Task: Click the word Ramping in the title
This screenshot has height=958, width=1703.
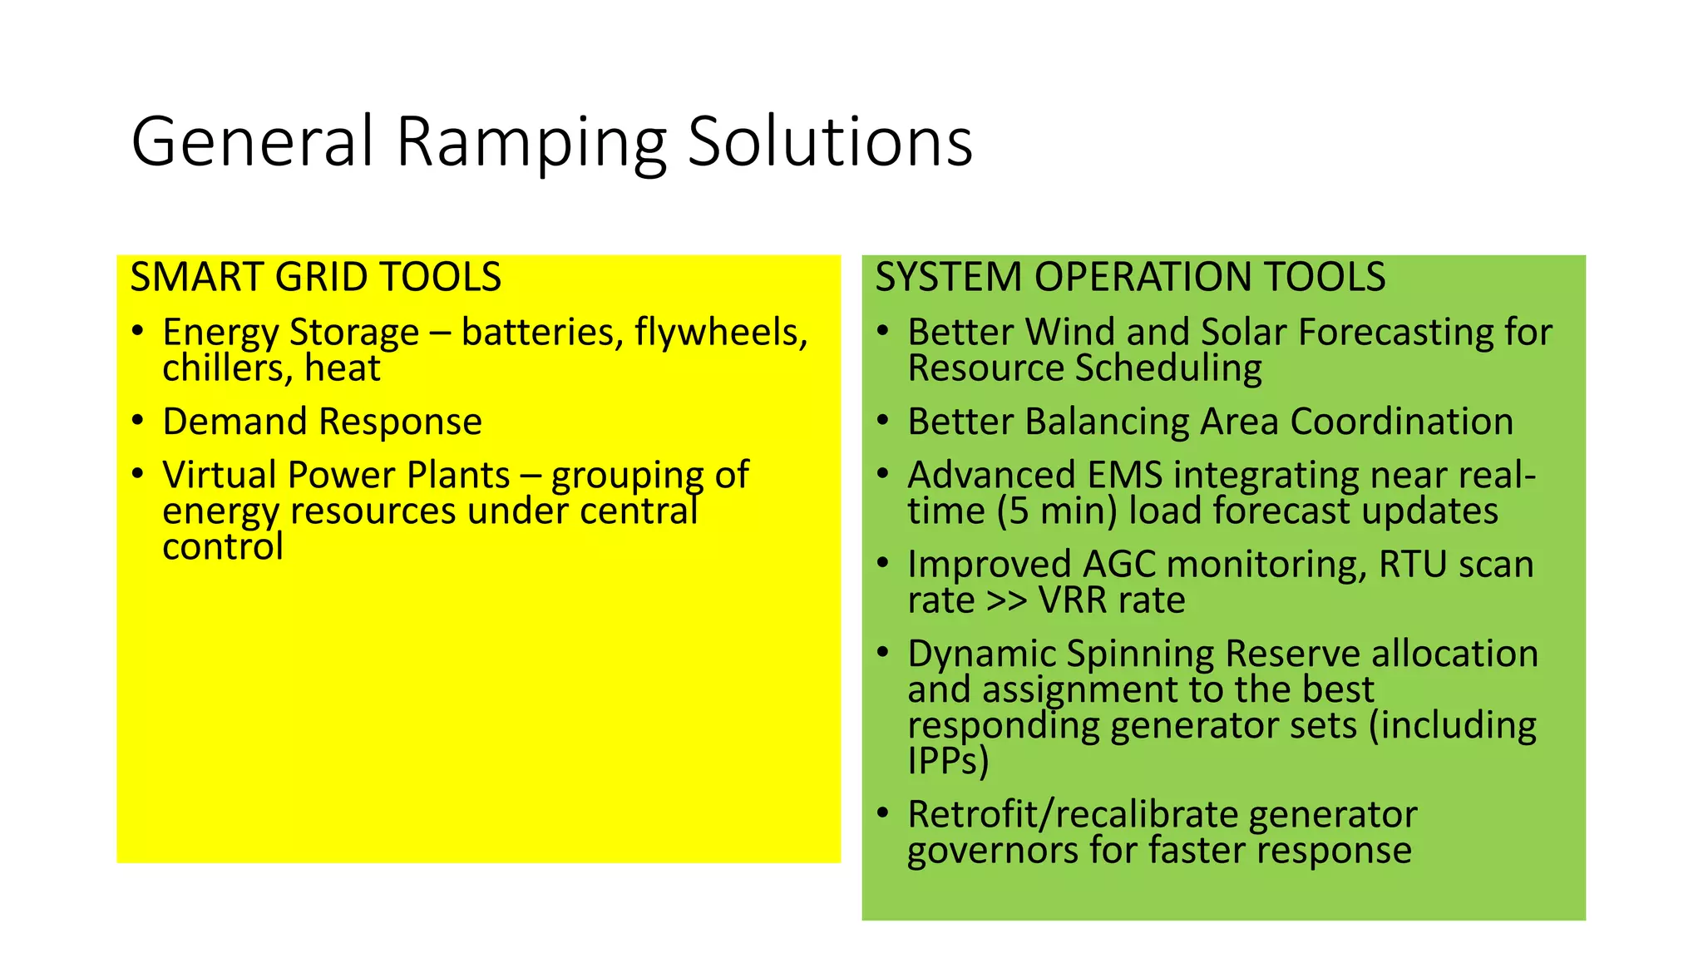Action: tap(531, 143)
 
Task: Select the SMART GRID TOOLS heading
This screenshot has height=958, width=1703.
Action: tap(315, 277)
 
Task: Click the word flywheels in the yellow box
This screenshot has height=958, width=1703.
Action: tap(720, 333)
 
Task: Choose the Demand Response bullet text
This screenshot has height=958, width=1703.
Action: tap(322, 422)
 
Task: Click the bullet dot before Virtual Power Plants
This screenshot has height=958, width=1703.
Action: tap(138, 474)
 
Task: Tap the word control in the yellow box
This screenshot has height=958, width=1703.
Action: tap(222, 547)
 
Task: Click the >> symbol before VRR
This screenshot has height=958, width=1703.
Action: tap(1006, 600)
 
